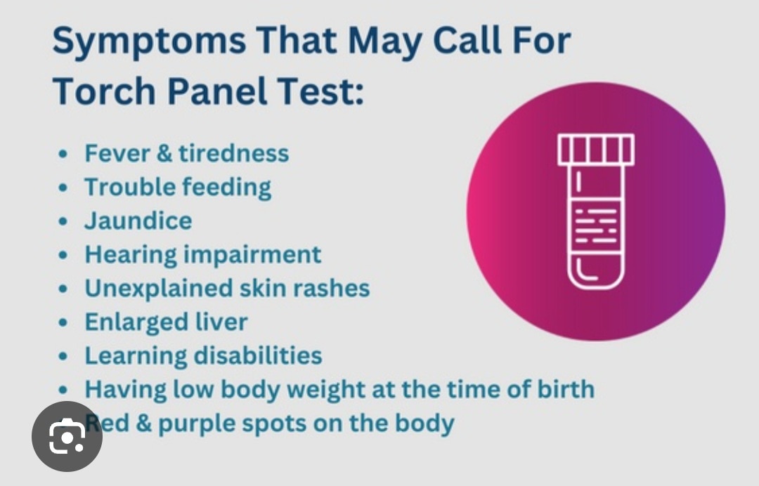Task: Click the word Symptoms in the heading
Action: point(149,41)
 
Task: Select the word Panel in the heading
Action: point(218,91)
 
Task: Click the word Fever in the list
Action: point(117,153)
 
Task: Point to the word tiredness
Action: point(234,153)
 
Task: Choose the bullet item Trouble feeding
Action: point(178,188)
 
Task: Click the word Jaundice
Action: point(138,221)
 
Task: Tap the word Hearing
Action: point(131,256)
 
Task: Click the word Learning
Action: point(136,356)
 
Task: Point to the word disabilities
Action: point(258,356)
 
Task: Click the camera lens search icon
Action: point(67,436)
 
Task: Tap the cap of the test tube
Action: point(596,150)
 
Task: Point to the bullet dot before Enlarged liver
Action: point(63,322)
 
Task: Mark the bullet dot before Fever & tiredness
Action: point(63,154)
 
